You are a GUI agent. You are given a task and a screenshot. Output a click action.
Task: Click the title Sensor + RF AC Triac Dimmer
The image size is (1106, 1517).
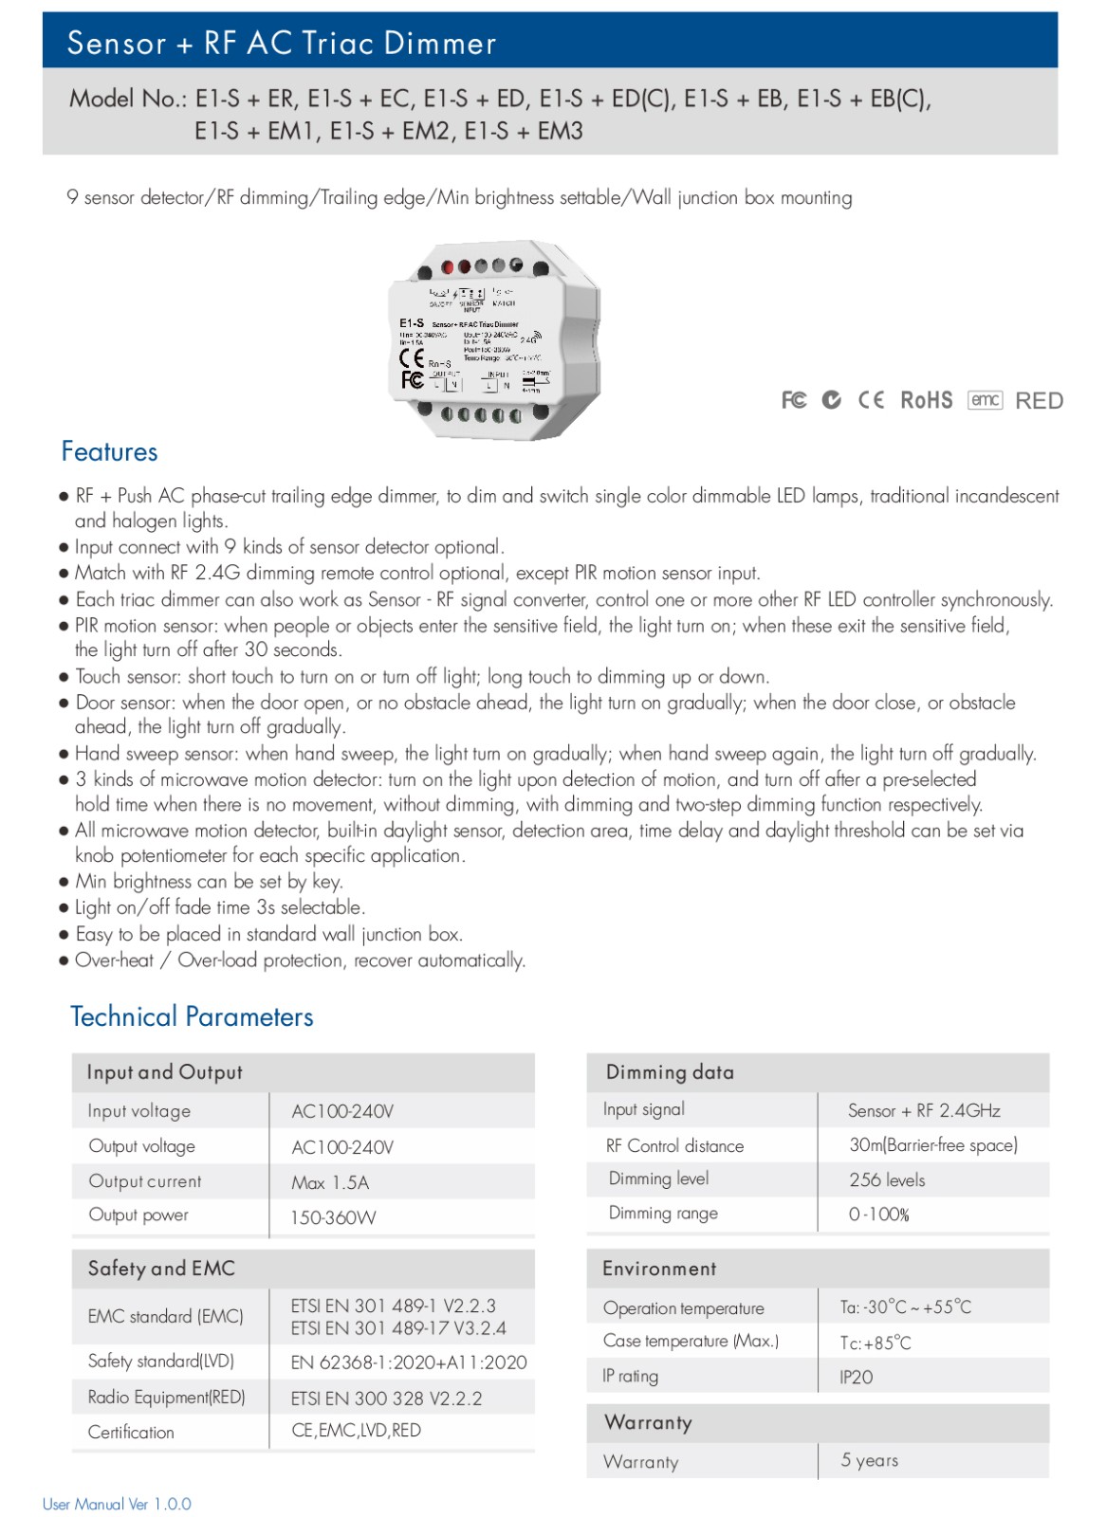point(282,43)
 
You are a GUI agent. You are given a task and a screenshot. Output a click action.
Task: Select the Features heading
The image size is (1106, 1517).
point(109,451)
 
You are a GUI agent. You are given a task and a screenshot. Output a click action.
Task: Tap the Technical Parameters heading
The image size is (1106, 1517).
point(192,1016)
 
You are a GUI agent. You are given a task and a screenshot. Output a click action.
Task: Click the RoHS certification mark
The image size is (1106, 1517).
point(926,400)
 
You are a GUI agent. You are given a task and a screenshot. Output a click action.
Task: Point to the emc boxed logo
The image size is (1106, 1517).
point(985,400)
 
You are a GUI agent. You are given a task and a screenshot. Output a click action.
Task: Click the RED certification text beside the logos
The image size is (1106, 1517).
point(1039,401)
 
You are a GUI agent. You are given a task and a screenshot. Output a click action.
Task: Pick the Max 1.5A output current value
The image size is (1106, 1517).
point(330,1182)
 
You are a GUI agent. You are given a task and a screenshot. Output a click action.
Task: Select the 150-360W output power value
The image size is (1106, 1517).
point(333,1217)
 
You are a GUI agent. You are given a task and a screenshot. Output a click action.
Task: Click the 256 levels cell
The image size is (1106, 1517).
point(887,1179)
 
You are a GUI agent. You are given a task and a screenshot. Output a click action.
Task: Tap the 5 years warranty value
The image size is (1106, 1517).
point(869,1460)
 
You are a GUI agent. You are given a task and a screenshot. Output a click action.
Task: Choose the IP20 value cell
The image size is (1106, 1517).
point(856,1377)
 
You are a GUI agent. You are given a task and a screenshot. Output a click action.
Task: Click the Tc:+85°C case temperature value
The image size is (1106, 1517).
point(875,1343)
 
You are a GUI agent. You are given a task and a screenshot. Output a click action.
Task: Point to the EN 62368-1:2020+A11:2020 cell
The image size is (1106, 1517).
point(409,1362)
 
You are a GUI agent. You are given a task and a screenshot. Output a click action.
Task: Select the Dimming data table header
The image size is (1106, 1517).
point(670,1072)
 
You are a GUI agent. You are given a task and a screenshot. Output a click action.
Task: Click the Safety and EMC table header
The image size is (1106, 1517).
point(161,1269)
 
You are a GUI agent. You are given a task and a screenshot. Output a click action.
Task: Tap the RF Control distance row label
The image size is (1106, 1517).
point(674,1145)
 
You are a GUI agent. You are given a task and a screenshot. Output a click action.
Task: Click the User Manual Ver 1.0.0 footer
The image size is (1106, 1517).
point(117,1504)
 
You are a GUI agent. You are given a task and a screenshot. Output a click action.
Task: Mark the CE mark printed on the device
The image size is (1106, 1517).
point(412,357)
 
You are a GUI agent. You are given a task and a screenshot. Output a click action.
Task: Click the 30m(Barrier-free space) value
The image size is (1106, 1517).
point(933,1144)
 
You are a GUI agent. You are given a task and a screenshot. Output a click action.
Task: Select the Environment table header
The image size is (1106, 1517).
point(659,1269)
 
